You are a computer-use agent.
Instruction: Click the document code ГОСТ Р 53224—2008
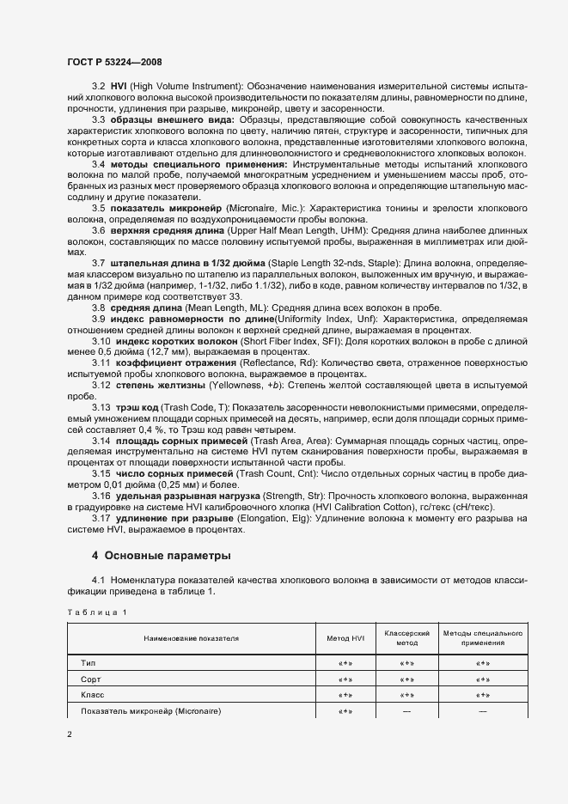[114, 63]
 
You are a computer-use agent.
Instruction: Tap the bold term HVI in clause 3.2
[119, 87]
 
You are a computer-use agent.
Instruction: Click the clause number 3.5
[100, 209]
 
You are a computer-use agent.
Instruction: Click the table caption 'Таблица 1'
[96, 611]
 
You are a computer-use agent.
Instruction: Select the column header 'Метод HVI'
[346, 638]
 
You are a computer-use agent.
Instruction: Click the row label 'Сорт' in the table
[91, 679]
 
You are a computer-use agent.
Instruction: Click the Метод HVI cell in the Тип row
[346, 663]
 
